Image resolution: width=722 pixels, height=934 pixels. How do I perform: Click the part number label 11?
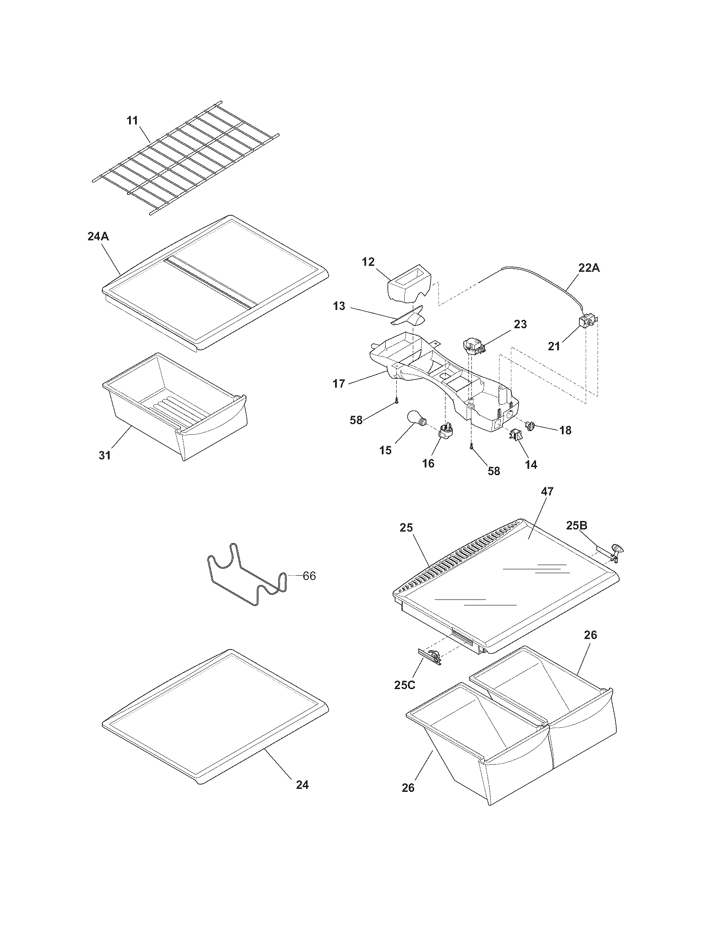133,121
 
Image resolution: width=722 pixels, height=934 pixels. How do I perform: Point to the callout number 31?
105,456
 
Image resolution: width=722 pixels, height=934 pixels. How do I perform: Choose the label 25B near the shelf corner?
577,526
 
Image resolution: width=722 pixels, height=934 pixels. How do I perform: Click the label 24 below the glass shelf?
302,785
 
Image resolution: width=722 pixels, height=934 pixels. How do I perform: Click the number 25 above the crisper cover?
406,528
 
